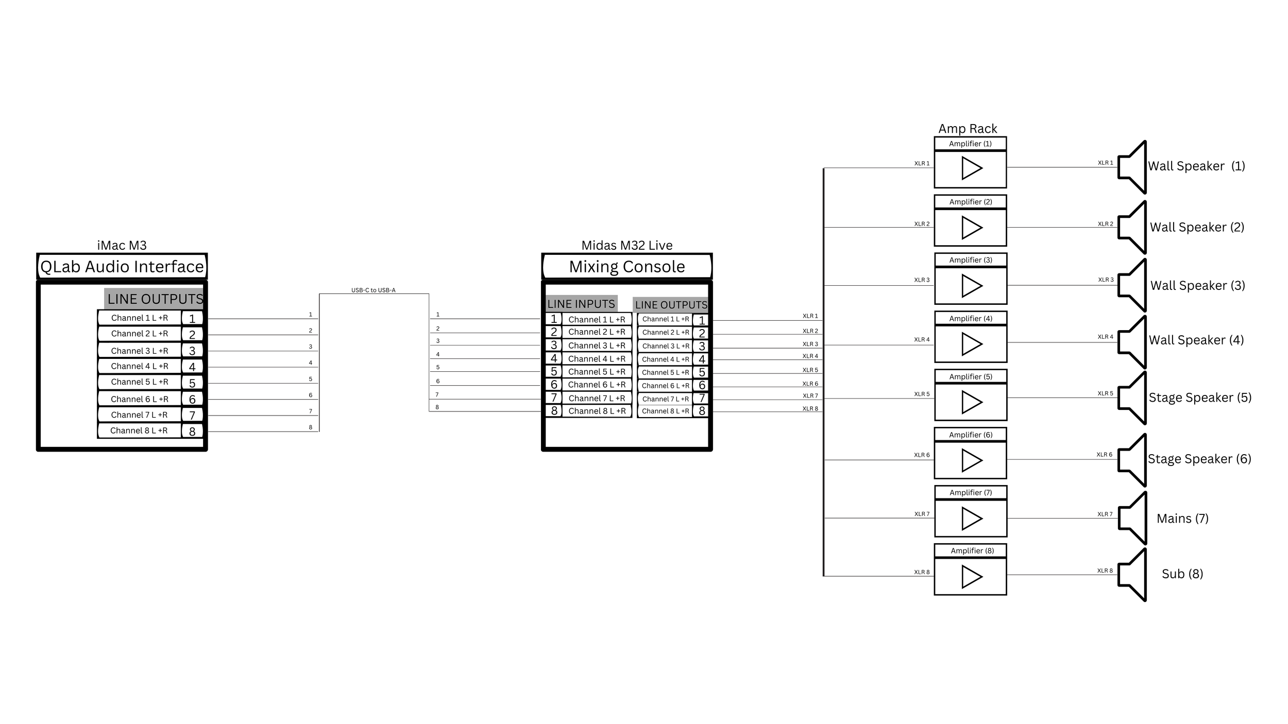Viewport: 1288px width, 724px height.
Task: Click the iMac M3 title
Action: pyautogui.click(x=122, y=245)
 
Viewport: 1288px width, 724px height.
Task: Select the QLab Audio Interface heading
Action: pyautogui.click(x=122, y=267)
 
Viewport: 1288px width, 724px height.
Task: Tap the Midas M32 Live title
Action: pyautogui.click(x=626, y=245)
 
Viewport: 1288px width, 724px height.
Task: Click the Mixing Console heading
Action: pyautogui.click(x=626, y=267)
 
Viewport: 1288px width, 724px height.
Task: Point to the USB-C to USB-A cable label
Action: pyautogui.click(x=373, y=290)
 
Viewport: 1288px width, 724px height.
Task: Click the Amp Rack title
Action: pyautogui.click(x=968, y=129)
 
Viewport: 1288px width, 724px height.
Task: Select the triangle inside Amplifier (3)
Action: pyautogui.click(x=971, y=286)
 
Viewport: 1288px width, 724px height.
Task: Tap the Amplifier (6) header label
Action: pyautogui.click(x=971, y=435)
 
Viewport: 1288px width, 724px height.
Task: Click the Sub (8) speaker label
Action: pyautogui.click(x=1182, y=574)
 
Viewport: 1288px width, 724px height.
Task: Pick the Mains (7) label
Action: pyautogui.click(x=1182, y=519)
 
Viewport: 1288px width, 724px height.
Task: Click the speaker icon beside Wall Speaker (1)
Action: pyautogui.click(x=1132, y=167)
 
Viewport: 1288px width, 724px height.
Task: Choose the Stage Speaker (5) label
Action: pyautogui.click(x=1199, y=398)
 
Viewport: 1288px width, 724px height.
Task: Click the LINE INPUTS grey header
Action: pyautogui.click(x=581, y=304)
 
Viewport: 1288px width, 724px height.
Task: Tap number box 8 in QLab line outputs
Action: pyautogui.click(x=192, y=432)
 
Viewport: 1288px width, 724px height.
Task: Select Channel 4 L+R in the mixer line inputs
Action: pyautogui.click(x=597, y=359)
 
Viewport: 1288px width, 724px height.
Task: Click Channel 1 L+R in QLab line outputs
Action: pyautogui.click(x=140, y=318)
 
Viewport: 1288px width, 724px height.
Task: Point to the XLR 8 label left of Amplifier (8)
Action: pyautogui.click(x=922, y=572)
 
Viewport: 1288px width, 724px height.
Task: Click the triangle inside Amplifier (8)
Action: pyautogui.click(x=971, y=577)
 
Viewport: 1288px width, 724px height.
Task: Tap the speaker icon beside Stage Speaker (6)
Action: pyautogui.click(x=1132, y=460)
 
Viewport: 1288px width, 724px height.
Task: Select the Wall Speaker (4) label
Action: pyautogui.click(x=1196, y=340)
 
